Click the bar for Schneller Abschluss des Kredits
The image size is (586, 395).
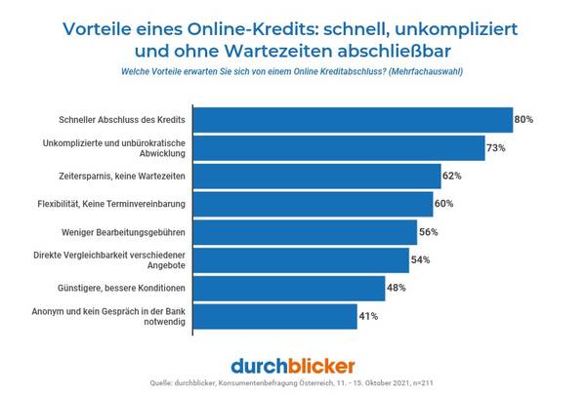[355, 120]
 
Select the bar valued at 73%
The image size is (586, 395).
[341, 148]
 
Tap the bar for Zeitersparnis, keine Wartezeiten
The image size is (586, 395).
[318, 177]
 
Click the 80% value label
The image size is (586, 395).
[523, 120]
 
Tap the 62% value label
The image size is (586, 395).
[451, 177]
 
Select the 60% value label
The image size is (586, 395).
[443, 205]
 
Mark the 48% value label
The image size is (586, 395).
[397, 289]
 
